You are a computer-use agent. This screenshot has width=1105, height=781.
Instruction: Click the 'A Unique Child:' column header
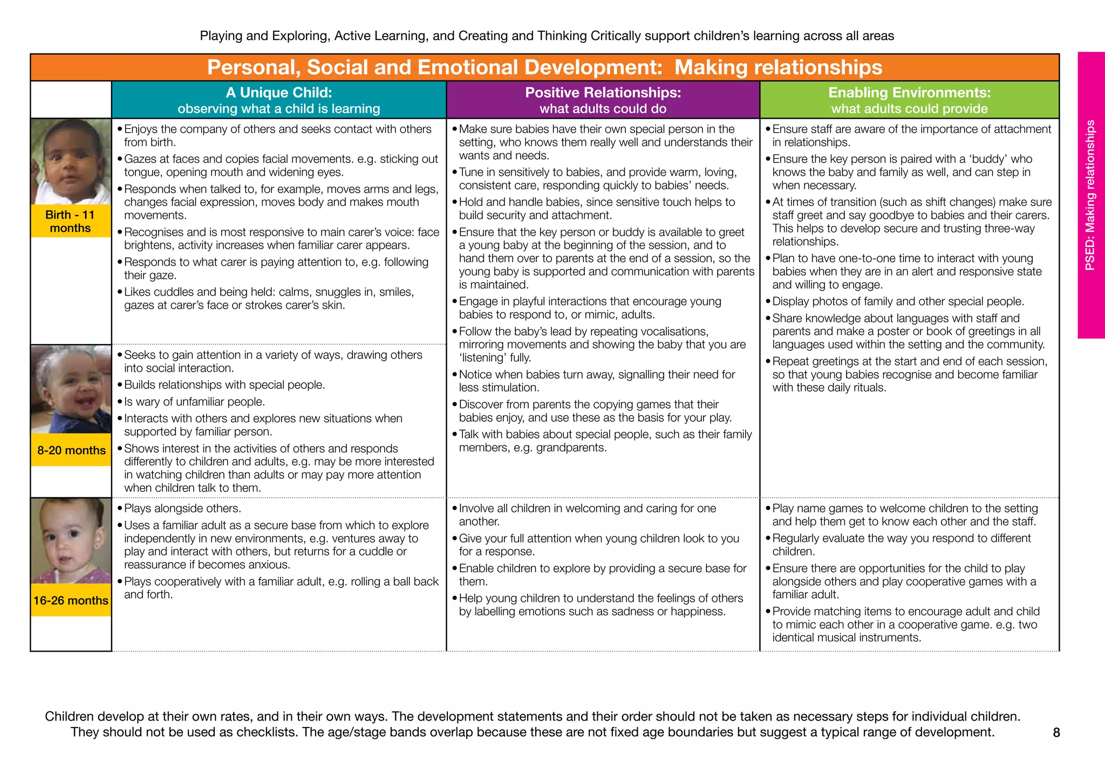click(x=278, y=93)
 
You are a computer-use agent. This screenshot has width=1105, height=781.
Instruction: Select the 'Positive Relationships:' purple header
click(x=603, y=93)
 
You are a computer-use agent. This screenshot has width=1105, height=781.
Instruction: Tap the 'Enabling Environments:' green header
click(x=909, y=93)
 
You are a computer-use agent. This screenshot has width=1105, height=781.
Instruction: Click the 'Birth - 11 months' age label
click(x=70, y=221)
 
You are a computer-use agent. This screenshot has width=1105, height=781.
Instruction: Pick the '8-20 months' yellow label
click(x=71, y=450)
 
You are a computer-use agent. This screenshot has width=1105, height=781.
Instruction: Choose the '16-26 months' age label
click(x=71, y=600)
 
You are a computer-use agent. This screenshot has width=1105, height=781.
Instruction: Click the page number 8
click(x=1056, y=732)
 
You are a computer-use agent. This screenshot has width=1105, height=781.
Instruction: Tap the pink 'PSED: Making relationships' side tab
click(x=1090, y=195)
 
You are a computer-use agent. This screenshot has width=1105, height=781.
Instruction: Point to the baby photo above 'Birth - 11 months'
click(x=70, y=161)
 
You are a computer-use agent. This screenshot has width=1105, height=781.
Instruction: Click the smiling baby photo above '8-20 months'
click(x=71, y=389)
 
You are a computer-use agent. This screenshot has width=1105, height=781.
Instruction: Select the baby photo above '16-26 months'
click(x=71, y=540)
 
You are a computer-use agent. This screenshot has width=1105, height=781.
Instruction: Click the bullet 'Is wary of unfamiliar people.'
click(x=194, y=402)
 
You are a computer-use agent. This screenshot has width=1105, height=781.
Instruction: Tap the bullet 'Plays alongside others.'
click(x=182, y=509)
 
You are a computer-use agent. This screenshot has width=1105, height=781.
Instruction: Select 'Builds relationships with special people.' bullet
click(x=224, y=385)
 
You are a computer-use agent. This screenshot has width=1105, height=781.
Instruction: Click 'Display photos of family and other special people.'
click(x=898, y=302)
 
